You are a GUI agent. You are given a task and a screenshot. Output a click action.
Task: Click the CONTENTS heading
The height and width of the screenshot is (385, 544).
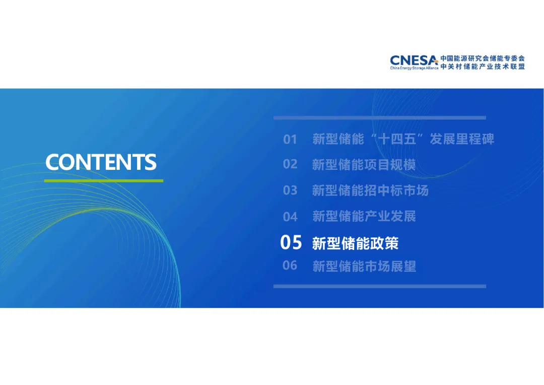pos(101,162)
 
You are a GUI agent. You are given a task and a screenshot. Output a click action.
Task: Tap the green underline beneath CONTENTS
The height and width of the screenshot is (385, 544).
pos(104,180)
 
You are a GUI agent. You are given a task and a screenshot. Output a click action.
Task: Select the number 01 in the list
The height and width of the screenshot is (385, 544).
pos(290,140)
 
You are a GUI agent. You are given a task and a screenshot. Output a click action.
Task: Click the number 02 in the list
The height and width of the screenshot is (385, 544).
pos(290,164)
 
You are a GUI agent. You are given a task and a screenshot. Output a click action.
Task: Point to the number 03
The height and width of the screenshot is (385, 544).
pos(290,190)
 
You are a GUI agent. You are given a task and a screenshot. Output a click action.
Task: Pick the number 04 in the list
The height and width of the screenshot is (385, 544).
pos(290,217)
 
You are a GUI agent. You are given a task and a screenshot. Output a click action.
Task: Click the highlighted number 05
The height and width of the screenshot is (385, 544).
pos(291,242)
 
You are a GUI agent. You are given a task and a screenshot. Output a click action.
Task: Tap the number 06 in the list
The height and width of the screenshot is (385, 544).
pos(290,266)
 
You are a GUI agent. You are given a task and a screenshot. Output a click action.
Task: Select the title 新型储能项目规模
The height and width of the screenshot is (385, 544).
pos(364,165)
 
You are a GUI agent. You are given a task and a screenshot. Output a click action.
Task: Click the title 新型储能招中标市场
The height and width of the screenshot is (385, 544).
pos(370,190)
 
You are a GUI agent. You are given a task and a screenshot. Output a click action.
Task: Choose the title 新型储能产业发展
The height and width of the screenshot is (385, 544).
pos(364,216)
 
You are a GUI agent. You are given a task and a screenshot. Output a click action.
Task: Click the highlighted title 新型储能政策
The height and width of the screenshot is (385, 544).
pos(355,243)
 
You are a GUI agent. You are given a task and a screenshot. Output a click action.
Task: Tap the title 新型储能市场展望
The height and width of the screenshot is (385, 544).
pos(364,266)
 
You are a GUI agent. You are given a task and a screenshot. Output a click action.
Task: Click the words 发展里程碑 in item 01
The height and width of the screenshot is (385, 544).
pos(462,139)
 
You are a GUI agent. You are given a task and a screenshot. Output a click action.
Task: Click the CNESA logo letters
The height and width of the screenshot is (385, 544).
pos(414,60)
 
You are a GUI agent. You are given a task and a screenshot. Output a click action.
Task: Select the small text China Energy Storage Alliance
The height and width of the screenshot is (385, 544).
pos(414,68)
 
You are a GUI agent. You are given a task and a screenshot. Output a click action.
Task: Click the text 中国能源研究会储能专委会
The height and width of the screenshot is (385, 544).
pos(483,58)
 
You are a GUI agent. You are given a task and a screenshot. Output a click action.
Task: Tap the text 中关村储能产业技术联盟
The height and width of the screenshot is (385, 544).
pos(483,67)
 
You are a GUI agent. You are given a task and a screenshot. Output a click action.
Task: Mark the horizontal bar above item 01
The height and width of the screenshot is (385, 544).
pos(380,118)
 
